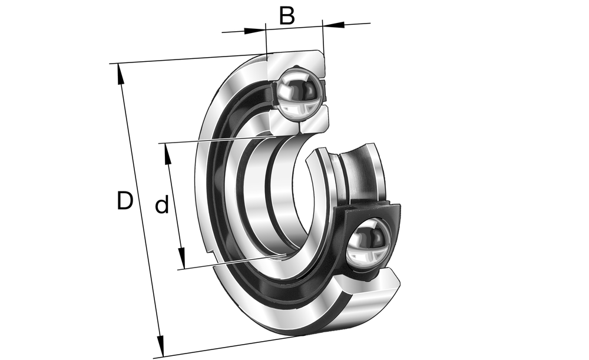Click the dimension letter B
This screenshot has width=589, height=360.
pos(287,16)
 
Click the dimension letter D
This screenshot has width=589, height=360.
pos(125,200)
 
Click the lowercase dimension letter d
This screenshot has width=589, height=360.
pos(162,204)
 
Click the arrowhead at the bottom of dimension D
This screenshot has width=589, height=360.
pos(160,346)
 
